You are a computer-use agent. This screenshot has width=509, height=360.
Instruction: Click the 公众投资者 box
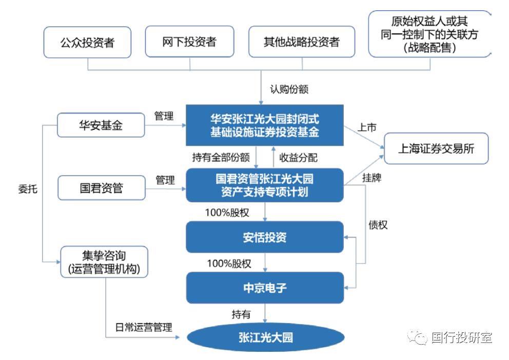click(x=87, y=42)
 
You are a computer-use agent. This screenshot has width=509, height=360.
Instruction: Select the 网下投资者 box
click(x=189, y=42)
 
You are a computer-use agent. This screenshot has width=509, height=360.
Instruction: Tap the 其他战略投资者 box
click(x=302, y=42)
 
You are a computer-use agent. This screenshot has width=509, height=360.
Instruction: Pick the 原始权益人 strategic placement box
click(x=429, y=35)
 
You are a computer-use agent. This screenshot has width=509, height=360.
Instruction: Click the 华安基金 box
click(x=101, y=125)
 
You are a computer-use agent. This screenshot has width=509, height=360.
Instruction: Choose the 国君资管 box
click(x=101, y=188)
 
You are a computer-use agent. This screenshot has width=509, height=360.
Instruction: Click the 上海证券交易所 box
click(x=436, y=149)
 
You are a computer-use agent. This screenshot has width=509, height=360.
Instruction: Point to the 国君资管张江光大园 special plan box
click(x=264, y=185)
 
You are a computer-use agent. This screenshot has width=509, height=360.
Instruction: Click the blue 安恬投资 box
click(x=264, y=237)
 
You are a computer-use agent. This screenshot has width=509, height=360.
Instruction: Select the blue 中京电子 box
click(x=264, y=288)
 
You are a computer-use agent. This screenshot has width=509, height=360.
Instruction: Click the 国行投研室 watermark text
click(x=461, y=337)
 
